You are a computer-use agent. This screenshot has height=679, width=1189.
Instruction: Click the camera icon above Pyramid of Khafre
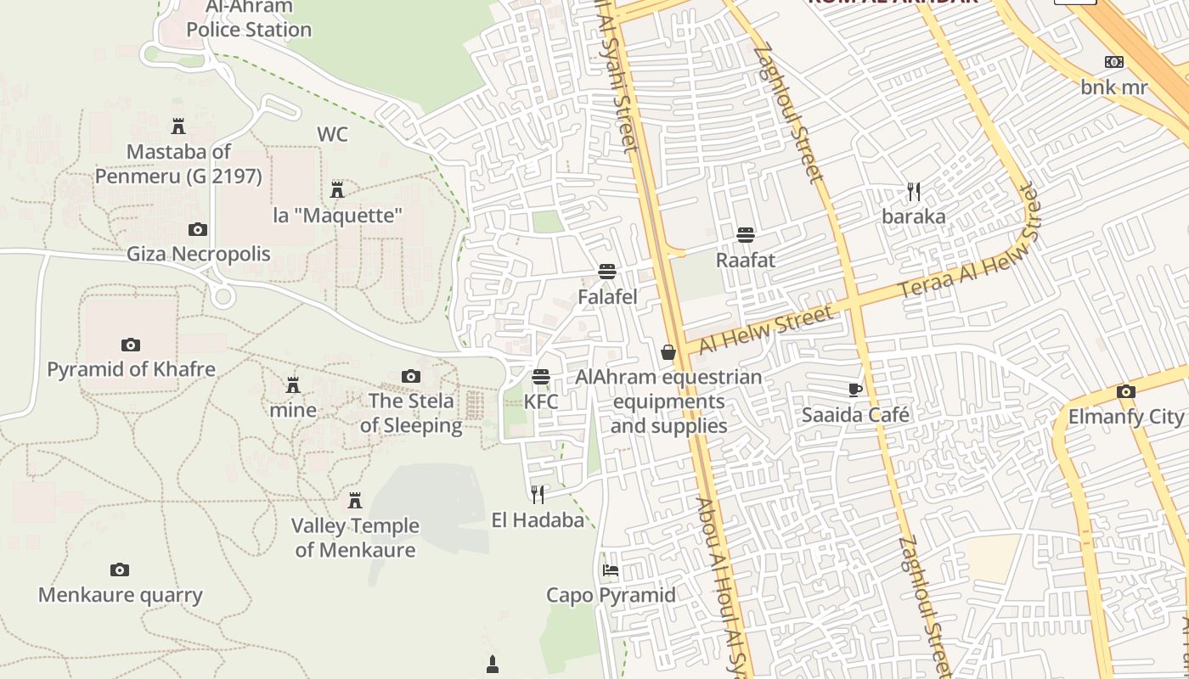(130, 345)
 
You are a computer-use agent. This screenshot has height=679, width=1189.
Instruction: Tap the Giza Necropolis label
(199, 254)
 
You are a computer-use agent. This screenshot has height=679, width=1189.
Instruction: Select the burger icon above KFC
(541, 377)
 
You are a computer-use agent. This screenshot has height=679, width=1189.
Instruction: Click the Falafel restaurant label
(607, 297)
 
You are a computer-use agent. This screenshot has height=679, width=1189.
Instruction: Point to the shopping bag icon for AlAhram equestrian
(668, 352)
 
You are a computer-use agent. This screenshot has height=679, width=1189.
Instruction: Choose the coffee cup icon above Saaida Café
(855, 390)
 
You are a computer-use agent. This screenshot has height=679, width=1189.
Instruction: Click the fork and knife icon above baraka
(914, 192)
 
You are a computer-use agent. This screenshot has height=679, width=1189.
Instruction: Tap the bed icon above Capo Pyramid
(611, 570)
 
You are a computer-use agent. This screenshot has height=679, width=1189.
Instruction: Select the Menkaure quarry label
(121, 595)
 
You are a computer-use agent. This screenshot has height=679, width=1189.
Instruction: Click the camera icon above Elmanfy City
(1126, 392)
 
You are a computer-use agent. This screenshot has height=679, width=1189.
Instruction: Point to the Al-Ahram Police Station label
(249, 19)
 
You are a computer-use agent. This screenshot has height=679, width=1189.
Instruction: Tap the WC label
(332, 134)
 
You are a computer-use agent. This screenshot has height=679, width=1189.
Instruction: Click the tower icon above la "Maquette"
(337, 190)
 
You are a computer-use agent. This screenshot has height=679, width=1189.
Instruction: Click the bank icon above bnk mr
(1114, 62)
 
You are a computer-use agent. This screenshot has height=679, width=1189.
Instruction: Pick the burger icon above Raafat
(746, 234)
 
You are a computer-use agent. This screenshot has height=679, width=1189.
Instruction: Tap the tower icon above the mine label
(293, 385)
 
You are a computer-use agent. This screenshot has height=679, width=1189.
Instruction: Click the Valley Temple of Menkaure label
(355, 538)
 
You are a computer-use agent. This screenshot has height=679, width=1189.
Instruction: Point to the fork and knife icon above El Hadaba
(538, 494)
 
